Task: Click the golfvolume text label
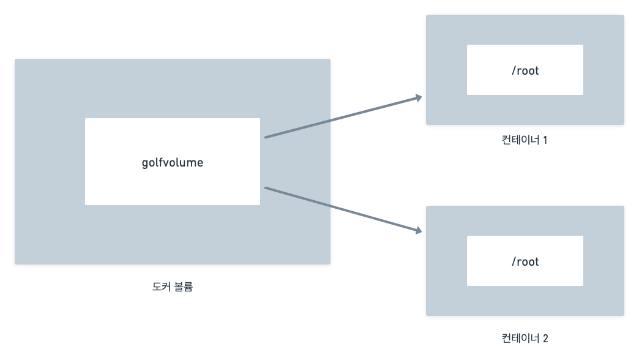tap(172, 163)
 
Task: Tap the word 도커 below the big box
tap(161, 287)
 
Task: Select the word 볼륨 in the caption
tap(184, 287)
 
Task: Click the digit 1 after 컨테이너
tap(545, 140)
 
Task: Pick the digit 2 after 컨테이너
tap(545, 338)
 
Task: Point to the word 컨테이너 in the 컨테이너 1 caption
tap(520, 140)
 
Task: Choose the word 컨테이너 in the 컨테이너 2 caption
tap(520, 338)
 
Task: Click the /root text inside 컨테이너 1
tap(525, 70)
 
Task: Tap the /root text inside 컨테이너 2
tap(525, 261)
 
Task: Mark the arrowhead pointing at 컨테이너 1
tap(419, 97)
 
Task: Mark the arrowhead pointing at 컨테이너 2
tap(419, 231)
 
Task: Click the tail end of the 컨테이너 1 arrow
tap(266, 137)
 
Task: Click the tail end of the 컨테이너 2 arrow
tap(266, 188)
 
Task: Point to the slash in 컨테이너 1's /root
tap(514, 70)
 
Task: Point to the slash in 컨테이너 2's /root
tap(514, 261)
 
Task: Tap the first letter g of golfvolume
tap(144, 163)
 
